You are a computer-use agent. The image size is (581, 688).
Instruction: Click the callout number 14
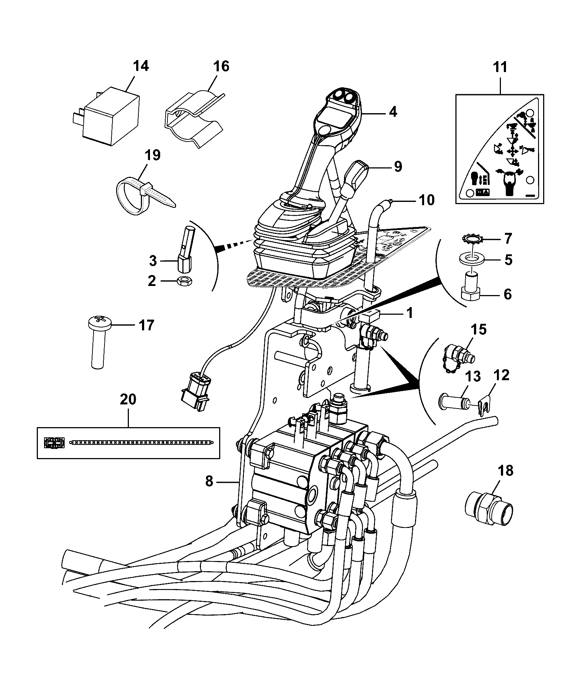point(141,67)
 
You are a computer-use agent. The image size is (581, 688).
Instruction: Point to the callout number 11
point(500,67)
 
